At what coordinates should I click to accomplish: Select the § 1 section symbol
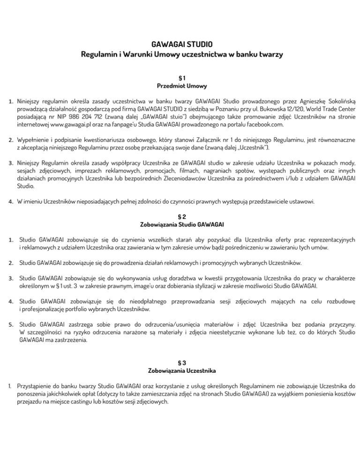coord(180,76)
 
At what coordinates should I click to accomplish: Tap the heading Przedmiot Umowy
coord(180,86)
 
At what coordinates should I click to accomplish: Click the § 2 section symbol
coord(180,217)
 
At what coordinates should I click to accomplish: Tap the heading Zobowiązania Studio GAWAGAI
coord(180,226)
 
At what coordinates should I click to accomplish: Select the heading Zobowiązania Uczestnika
coord(180,371)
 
